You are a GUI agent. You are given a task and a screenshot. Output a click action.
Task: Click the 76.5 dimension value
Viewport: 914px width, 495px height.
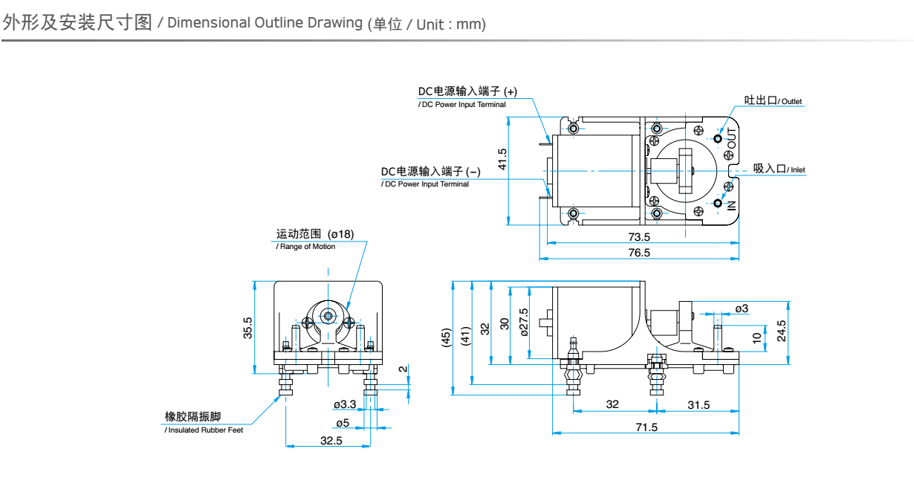639,253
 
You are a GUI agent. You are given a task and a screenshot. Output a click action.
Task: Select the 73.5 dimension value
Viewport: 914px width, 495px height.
639,237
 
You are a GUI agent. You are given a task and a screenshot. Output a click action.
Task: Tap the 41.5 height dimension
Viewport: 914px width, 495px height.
502,159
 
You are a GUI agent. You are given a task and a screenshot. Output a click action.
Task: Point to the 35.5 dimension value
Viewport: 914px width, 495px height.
247,328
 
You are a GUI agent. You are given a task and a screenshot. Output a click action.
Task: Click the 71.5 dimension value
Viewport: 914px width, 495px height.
646,427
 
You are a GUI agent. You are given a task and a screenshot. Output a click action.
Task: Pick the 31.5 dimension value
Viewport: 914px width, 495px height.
699,405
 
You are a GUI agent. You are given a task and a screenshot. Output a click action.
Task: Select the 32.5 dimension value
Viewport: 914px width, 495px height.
331,441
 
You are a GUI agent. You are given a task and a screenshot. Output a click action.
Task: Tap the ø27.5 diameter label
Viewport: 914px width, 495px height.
524,323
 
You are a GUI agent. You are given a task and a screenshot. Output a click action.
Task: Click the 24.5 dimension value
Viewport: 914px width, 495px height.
781,331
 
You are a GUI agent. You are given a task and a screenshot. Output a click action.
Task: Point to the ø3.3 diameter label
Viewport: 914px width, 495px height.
345,404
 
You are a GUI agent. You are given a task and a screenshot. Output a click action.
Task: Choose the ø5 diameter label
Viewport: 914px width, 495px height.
343,423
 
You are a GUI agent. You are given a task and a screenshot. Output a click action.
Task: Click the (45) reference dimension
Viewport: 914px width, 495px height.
446,337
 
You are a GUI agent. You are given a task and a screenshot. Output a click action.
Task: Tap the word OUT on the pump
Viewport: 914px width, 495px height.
732,139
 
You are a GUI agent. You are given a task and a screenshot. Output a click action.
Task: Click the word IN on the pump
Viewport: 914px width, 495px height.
732,205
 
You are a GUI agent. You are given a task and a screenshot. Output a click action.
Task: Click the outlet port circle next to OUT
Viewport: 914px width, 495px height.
718,139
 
